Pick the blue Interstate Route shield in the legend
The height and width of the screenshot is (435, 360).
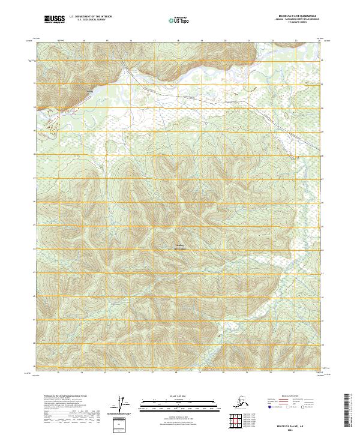tap(269, 407)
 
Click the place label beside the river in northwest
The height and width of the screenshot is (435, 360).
tap(91, 91)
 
